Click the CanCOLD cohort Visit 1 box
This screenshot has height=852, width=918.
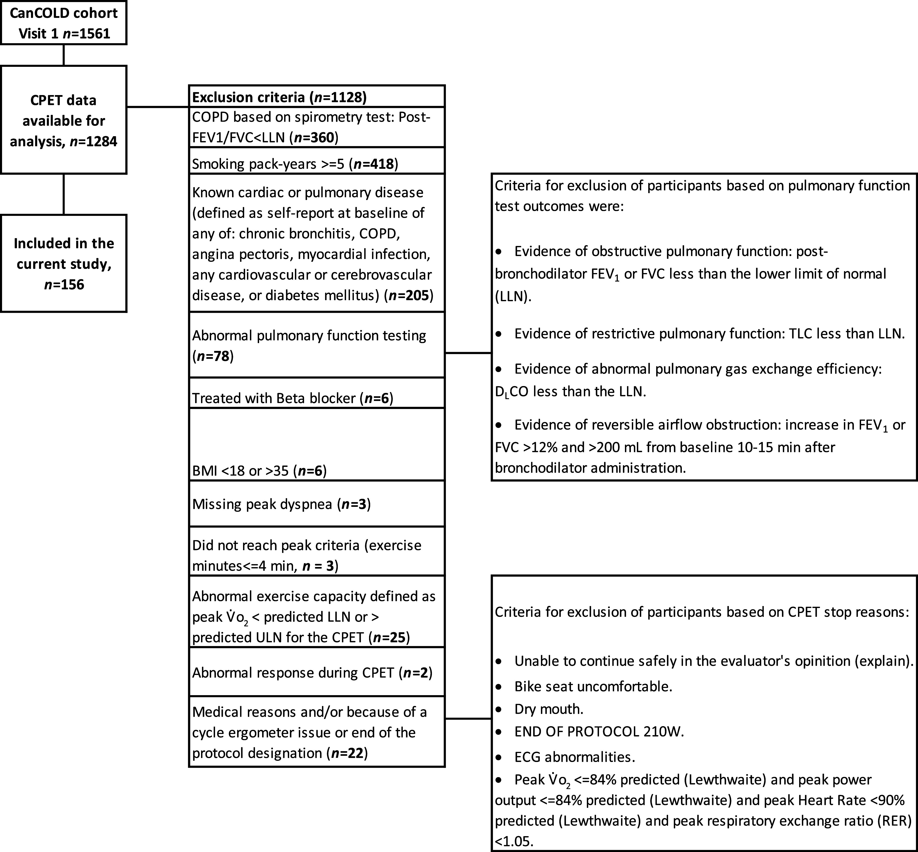(64, 23)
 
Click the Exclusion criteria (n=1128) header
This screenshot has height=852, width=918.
(279, 97)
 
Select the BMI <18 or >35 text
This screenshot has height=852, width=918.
(240, 471)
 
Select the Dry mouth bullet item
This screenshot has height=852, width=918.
(549, 709)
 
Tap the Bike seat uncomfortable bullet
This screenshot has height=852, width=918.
(593, 686)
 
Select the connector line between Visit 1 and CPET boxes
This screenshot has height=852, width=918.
(64, 55)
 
